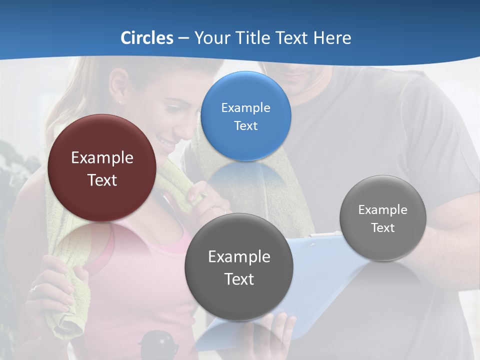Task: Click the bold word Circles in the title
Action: [146, 38]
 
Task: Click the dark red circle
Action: [102, 168]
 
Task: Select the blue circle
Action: [245, 116]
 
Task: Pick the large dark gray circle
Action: [239, 267]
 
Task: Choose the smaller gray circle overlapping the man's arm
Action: [382, 218]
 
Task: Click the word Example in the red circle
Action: [102, 158]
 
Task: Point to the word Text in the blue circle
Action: [245, 126]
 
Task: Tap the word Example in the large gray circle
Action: [239, 257]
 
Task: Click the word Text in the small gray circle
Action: [382, 228]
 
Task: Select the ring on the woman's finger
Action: [34, 288]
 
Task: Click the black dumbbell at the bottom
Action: [158, 345]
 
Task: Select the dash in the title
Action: [183, 38]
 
